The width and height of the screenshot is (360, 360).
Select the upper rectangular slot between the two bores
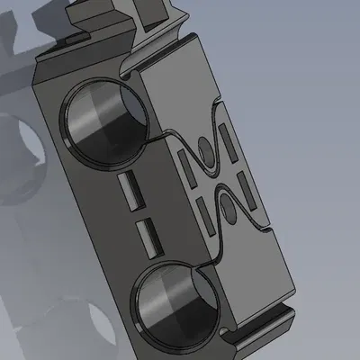[130, 191]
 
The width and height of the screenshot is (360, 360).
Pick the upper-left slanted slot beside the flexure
[189, 164]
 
